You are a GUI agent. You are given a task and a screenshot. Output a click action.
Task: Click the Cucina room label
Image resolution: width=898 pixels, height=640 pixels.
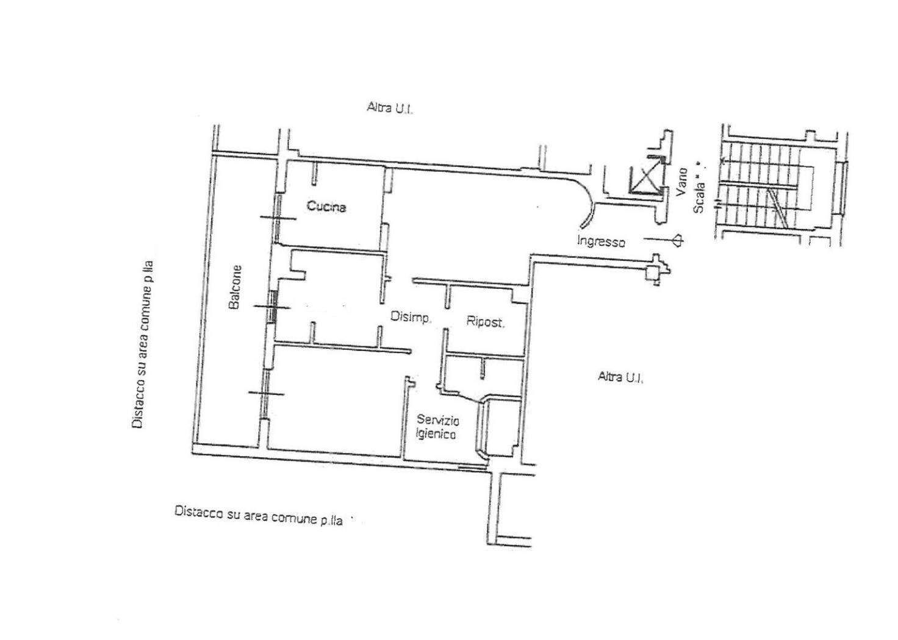[326, 207]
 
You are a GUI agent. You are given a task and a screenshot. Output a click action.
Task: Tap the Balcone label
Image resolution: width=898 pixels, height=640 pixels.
[236, 286]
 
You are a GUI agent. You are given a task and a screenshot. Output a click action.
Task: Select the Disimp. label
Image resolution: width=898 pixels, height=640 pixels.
[411, 317]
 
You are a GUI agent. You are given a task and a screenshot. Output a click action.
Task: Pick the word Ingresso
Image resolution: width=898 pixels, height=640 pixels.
[601, 241]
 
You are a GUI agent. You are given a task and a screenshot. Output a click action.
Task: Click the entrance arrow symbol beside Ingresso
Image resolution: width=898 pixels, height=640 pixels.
[676, 240]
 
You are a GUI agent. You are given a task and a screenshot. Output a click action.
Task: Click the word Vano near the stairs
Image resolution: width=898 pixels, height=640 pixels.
[681, 182]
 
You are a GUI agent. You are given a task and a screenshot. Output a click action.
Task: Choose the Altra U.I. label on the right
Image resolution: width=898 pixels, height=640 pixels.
[621, 377]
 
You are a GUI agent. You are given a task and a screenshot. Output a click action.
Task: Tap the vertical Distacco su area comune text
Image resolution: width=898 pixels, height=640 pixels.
[144, 344]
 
